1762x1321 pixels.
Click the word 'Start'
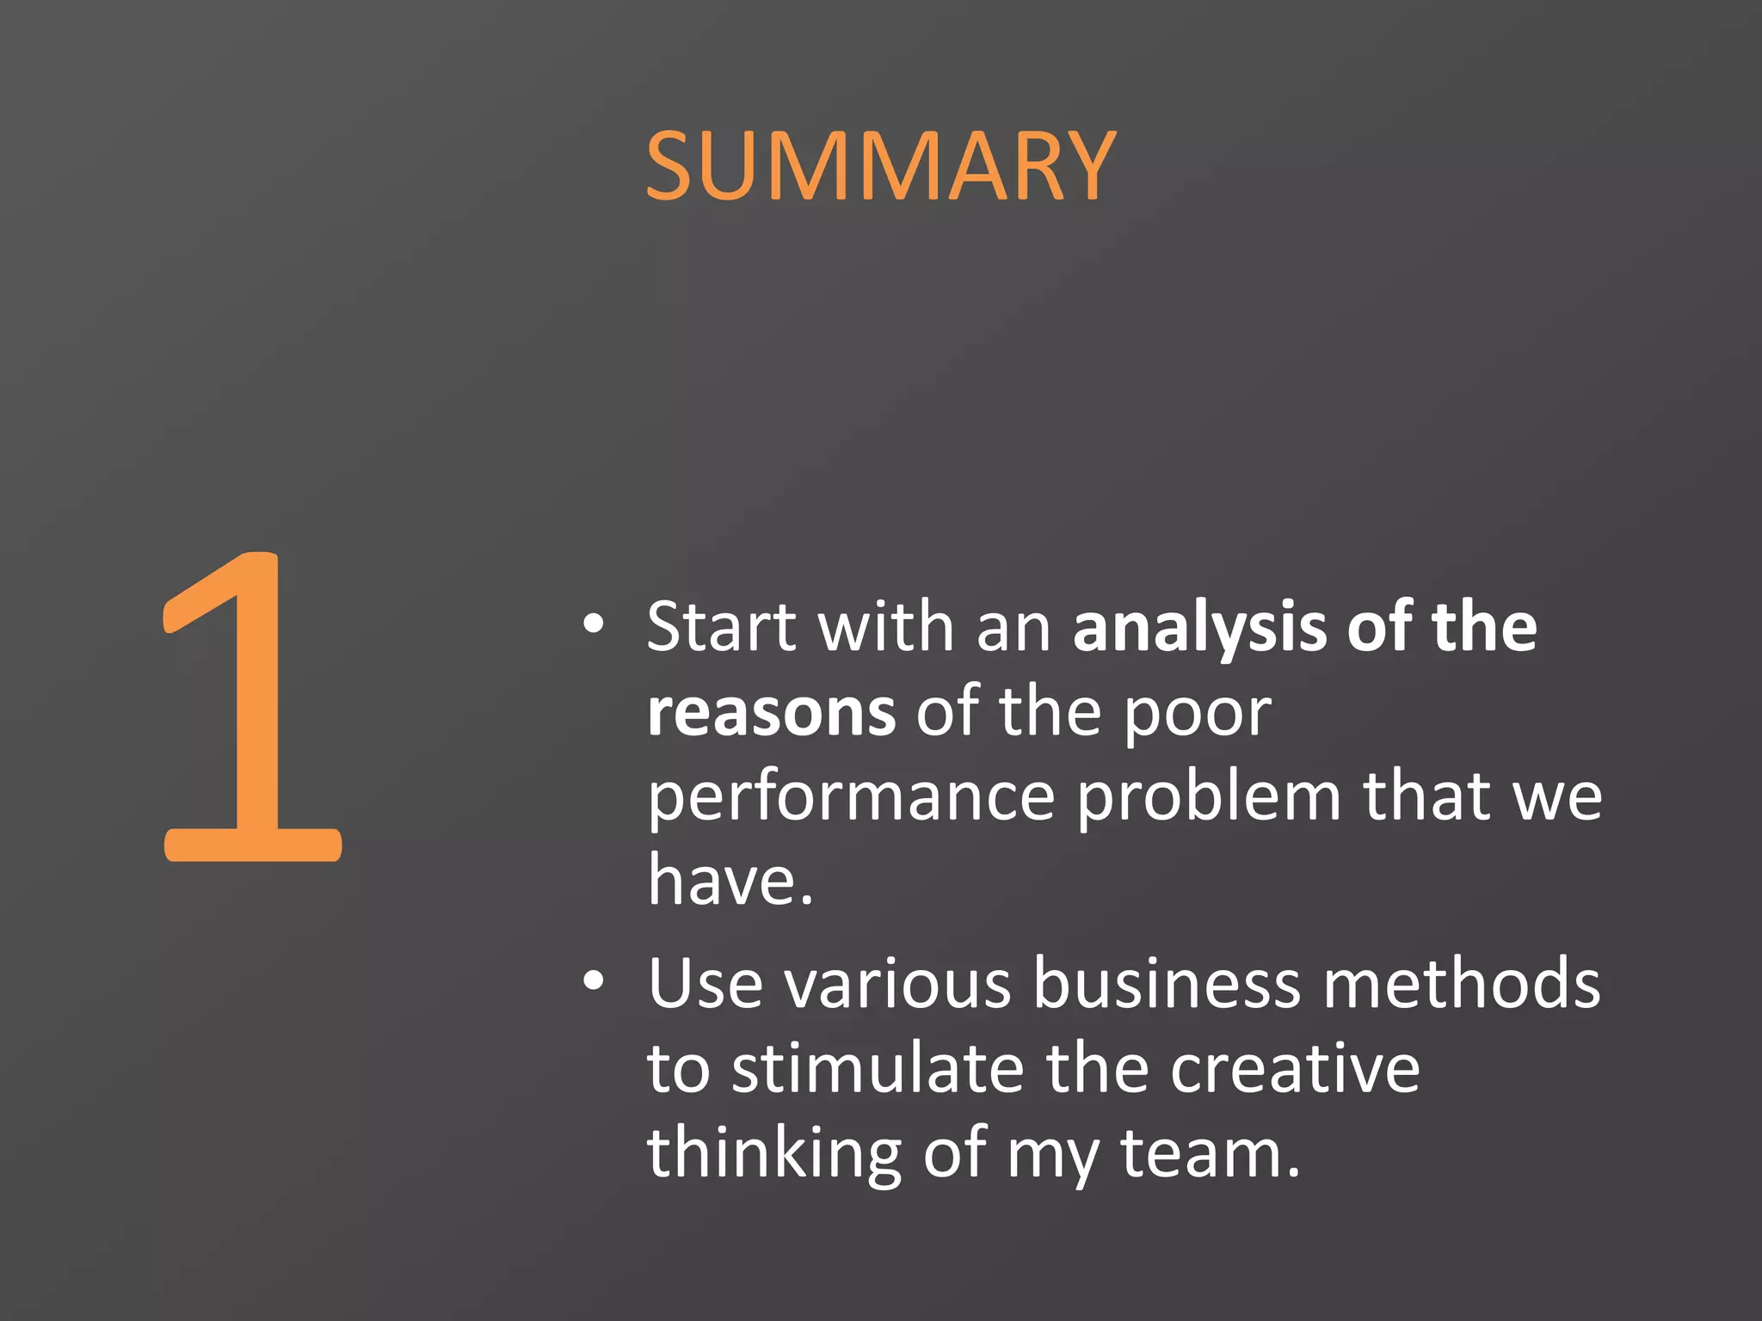point(722,627)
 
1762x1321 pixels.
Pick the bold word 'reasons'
point(771,713)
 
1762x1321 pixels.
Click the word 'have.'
point(730,881)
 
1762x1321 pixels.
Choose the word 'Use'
point(705,984)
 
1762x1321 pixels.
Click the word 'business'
point(1167,984)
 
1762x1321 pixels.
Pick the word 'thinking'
point(774,1155)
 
